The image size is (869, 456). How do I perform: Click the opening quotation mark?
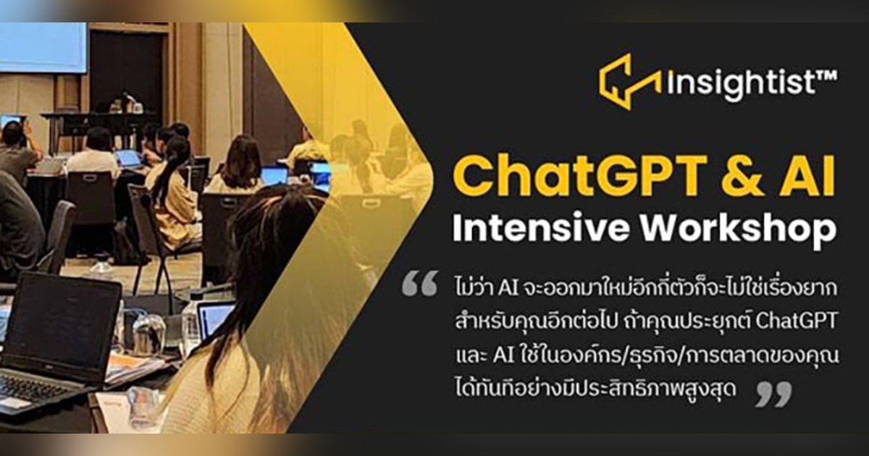419,283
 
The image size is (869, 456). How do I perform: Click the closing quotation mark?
773,393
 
